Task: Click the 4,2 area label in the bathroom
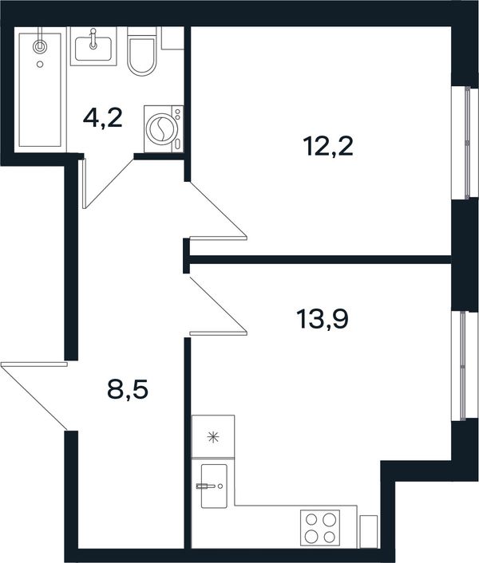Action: point(103,119)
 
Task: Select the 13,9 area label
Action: point(323,319)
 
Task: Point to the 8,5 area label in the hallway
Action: point(128,390)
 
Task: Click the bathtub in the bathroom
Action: point(40,90)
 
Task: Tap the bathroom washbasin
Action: point(93,49)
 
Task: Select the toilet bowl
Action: point(142,51)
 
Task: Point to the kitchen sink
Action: point(214,486)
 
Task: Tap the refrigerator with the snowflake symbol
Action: point(213,437)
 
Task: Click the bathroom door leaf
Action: point(85,183)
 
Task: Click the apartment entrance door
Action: point(34,364)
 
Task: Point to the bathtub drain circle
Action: point(40,65)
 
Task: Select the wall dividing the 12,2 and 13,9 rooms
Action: point(321,260)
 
